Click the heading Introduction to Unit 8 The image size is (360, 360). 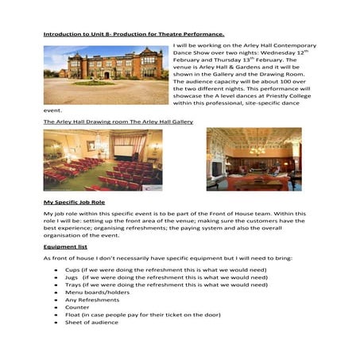coord(134,35)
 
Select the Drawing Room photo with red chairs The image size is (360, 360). coord(103,160)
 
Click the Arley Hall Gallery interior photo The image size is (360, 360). coord(254,159)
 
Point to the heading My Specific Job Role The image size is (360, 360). coord(77,203)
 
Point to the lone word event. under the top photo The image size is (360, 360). coord(52,110)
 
